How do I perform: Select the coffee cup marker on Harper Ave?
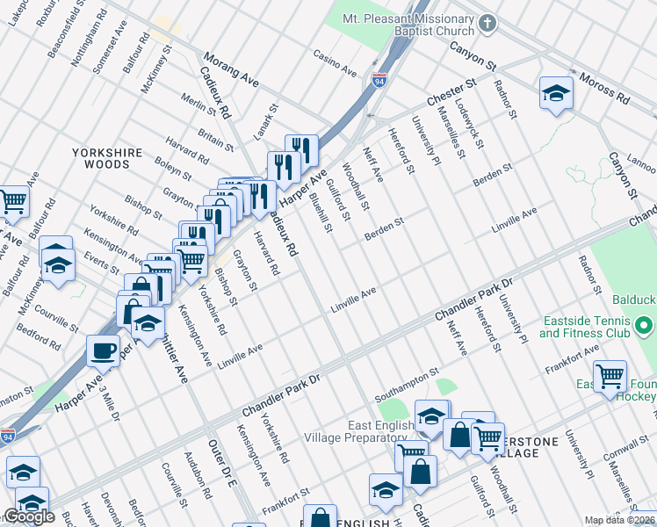pyautogui.click(x=103, y=351)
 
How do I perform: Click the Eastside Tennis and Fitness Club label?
pyautogui.click(x=586, y=327)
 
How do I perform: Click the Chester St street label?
pyautogui.click(x=451, y=91)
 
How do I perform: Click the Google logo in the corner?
pyautogui.click(x=29, y=516)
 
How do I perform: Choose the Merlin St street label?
pyautogui.click(x=198, y=110)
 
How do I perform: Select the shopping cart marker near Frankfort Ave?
pyautogui.click(x=609, y=376)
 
